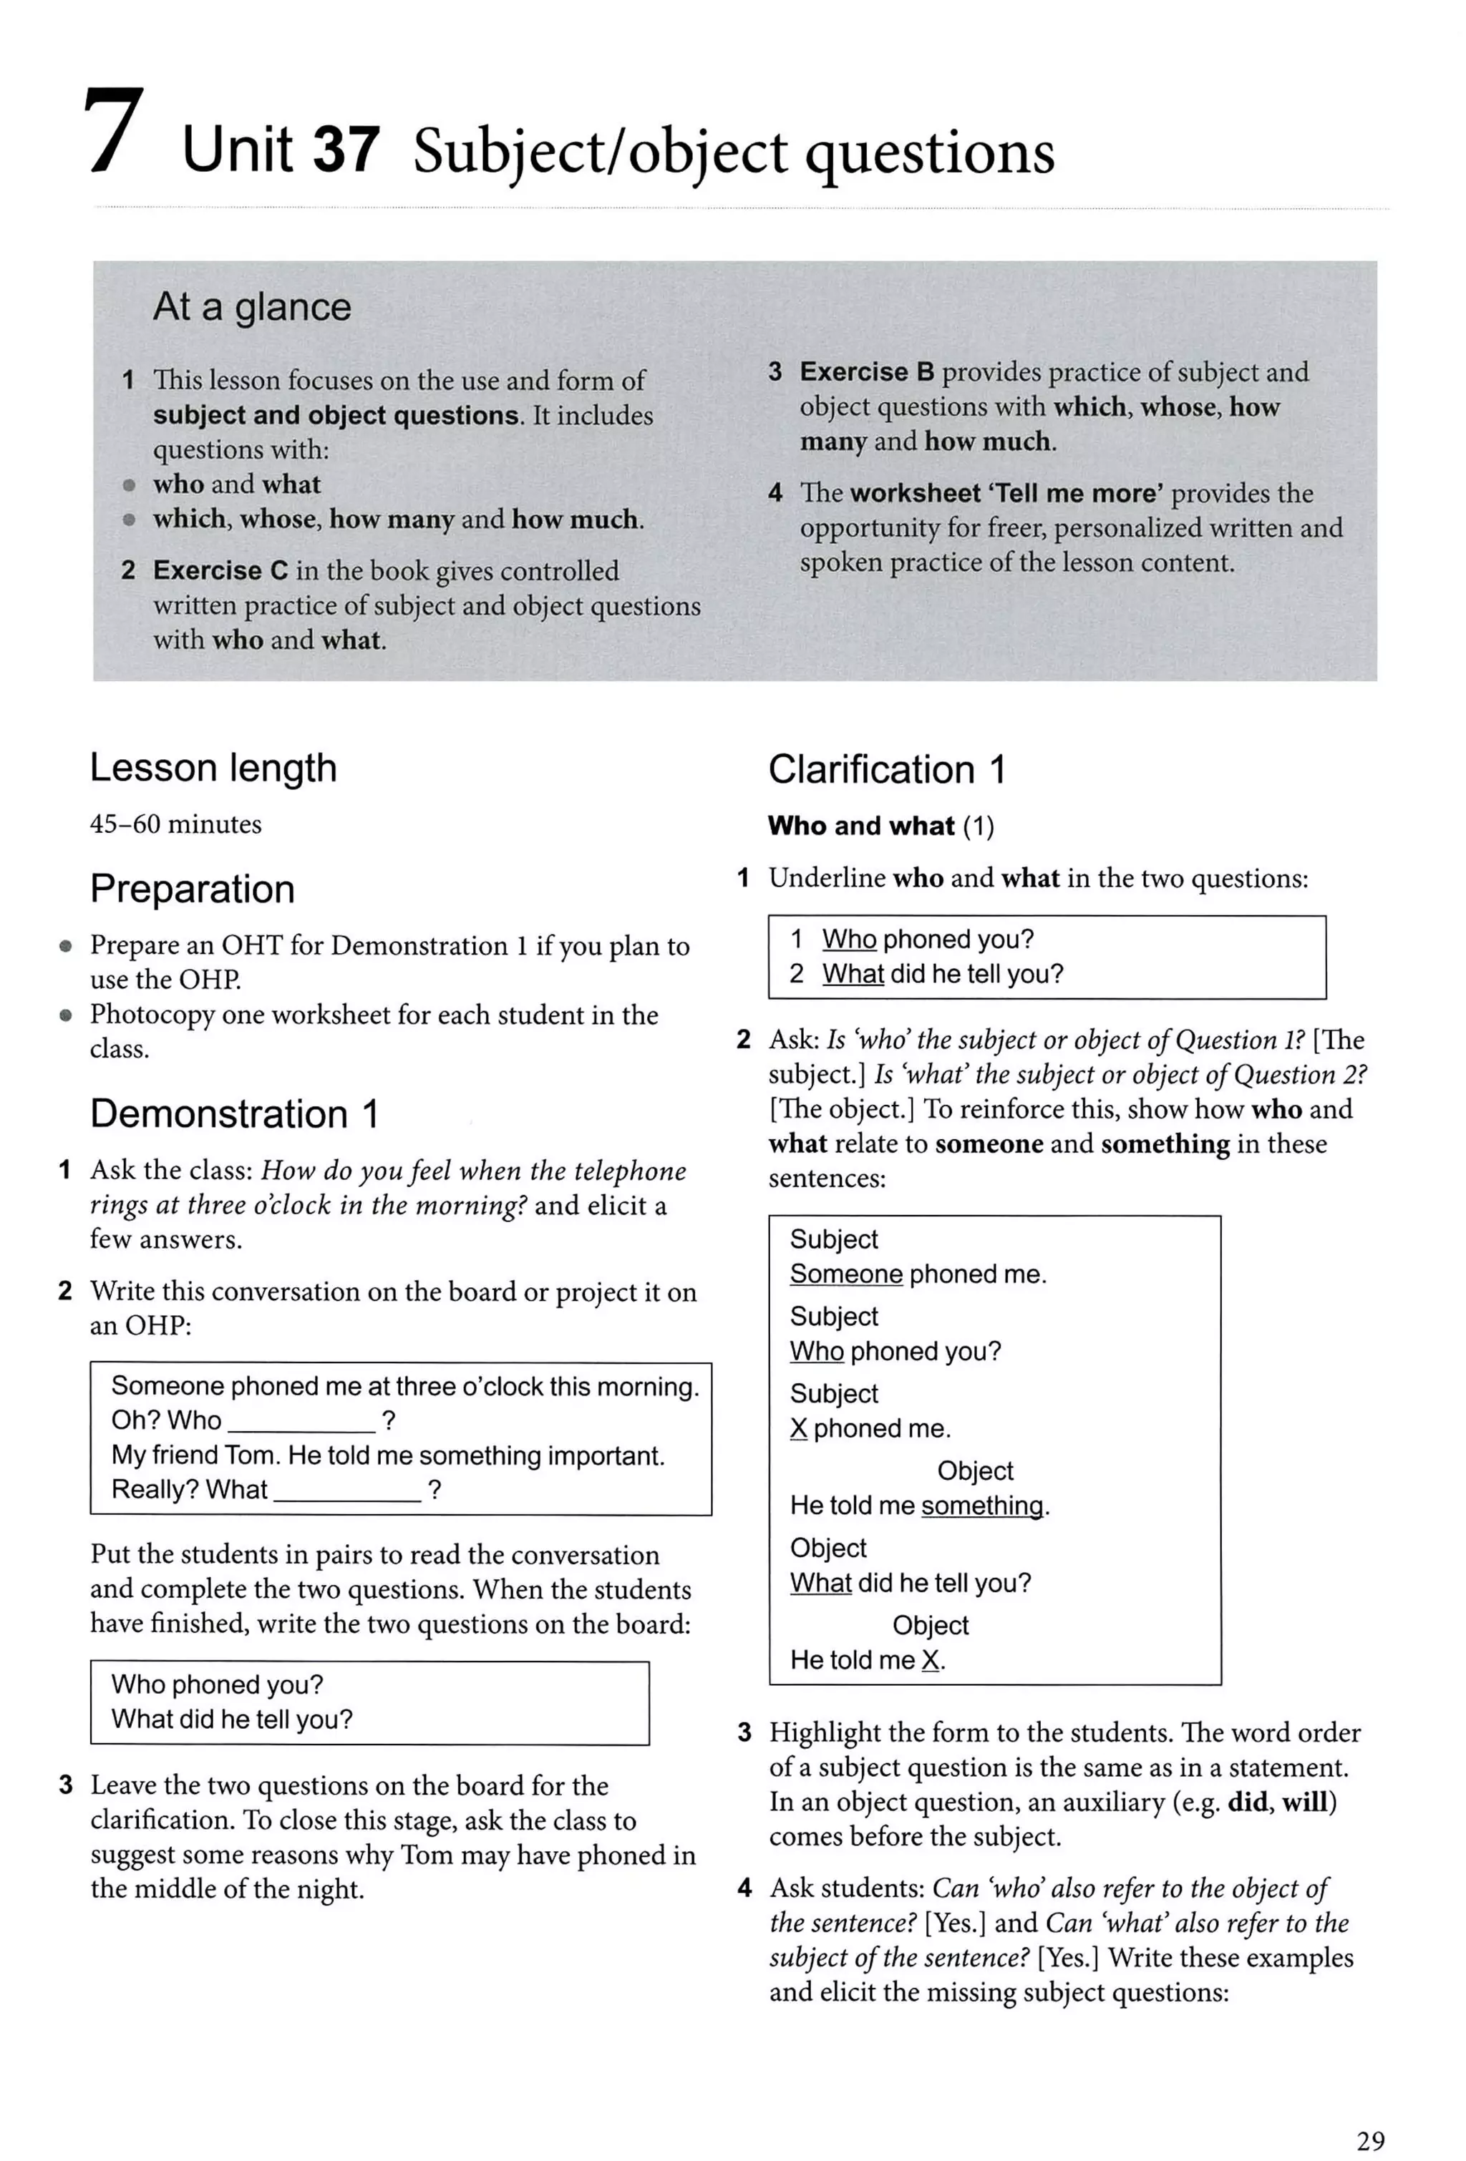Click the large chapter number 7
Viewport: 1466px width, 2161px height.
coord(114,132)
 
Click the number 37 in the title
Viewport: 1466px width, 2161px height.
coord(346,150)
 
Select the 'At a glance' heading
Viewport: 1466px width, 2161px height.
coord(252,307)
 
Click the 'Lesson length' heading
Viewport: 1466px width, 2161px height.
coord(213,768)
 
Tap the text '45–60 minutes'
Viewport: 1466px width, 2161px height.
coord(176,824)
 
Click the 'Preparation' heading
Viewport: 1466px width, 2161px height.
coord(193,889)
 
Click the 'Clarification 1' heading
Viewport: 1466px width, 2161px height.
coord(886,770)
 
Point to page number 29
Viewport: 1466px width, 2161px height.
coord(1370,2140)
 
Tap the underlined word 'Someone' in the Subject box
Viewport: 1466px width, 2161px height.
coord(845,1274)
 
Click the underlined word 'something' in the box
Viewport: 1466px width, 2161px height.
coord(982,1506)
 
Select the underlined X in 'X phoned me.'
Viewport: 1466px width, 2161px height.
coord(798,1428)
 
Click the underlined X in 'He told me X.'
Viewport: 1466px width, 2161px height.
coord(929,1661)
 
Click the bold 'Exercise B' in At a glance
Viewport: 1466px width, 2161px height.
coord(866,372)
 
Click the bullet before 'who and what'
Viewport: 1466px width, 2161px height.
coord(130,485)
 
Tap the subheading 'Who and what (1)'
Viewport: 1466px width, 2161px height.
coord(880,826)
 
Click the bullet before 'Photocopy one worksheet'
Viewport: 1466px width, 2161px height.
coord(65,1015)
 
